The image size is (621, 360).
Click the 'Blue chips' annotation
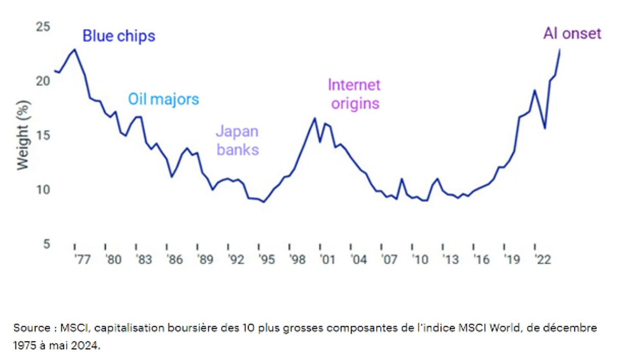[119, 36]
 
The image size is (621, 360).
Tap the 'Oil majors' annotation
[163, 99]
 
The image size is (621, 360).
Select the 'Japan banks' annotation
[237, 141]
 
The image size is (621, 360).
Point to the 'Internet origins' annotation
[354, 94]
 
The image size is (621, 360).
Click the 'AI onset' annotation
[572, 34]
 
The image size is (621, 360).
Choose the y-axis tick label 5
[47, 244]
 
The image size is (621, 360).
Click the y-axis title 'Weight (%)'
[24, 136]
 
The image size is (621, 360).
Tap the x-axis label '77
[82, 260]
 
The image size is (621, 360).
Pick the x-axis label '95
[266, 260]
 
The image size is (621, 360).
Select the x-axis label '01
[327, 260]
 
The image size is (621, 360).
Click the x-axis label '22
[542, 260]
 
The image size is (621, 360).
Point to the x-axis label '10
[419, 260]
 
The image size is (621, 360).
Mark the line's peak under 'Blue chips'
[75, 50]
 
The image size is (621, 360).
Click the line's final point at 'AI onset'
[560, 50]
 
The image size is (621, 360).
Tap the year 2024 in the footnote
[84, 346]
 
